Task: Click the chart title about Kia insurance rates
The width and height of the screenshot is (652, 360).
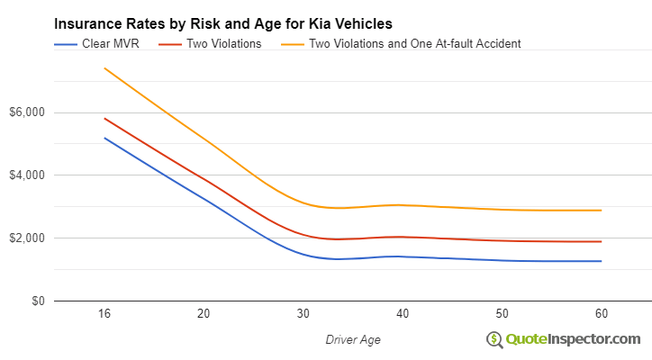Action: (x=222, y=23)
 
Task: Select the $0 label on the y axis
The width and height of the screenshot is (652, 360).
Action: (x=36, y=301)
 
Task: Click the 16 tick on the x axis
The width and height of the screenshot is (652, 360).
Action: (x=104, y=314)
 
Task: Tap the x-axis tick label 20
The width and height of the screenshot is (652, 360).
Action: (x=204, y=314)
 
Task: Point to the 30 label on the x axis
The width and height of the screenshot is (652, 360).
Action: (x=303, y=314)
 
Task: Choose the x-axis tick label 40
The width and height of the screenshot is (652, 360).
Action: (x=403, y=314)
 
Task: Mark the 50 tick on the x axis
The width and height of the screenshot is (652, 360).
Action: (x=502, y=314)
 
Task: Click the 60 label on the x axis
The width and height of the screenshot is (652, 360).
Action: (x=601, y=314)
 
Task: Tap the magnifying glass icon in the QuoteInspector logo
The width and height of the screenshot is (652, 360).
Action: (x=494, y=339)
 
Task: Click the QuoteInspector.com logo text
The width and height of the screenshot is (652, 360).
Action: (x=573, y=338)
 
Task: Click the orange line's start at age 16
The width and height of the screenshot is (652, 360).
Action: (x=104, y=68)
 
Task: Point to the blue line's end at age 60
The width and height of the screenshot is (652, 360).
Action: (x=601, y=261)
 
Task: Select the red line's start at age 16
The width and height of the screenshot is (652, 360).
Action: (x=104, y=118)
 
